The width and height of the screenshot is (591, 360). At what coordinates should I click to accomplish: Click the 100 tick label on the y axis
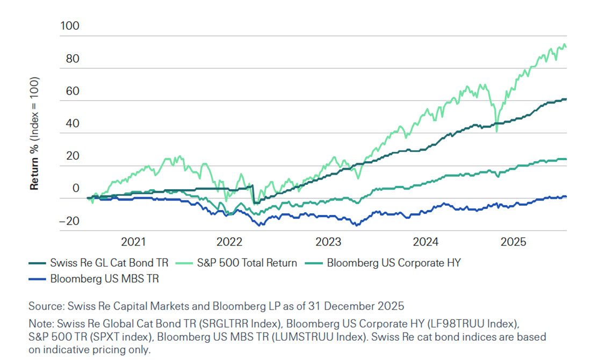tap(69, 26)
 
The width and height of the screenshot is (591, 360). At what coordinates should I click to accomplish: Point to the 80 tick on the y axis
tap(72, 59)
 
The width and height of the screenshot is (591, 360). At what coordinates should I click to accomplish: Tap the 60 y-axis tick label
tap(72, 91)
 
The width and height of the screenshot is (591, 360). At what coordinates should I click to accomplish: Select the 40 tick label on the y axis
tap(72, 124)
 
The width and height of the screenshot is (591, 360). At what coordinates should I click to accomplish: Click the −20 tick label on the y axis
tap(69, 221)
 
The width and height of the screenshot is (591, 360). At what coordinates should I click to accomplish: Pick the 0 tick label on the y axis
tap(76, 189)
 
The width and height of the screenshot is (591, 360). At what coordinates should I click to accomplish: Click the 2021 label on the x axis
tap(134, 242)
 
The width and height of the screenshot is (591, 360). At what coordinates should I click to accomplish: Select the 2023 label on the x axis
tap(328, 242)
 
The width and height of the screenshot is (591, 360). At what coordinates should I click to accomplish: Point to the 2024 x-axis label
tap(426, 242)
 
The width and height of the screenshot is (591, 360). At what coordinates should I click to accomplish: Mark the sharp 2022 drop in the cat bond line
tap(253, 195)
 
